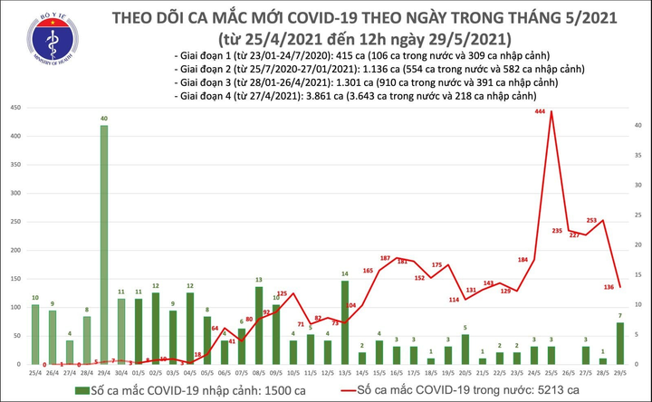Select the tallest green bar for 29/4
coord(104,244)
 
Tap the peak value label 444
coord(540,111)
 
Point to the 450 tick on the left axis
coord(15,108)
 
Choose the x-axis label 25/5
coord(551,372)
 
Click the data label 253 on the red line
coord(591,220)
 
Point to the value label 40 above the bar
coord(104,119)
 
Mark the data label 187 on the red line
coord(385,258)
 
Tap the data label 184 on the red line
coord(523,260)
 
